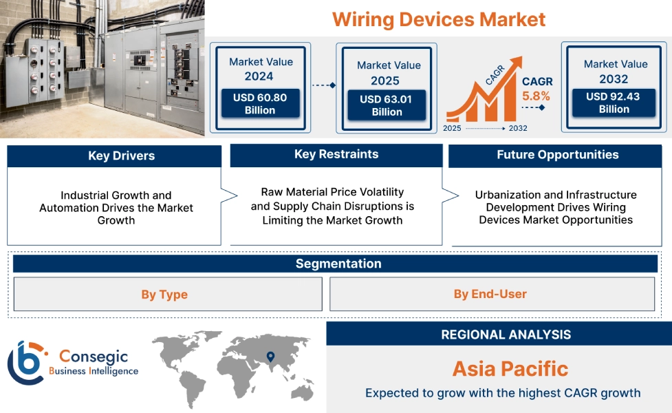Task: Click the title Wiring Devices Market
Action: [439, 19]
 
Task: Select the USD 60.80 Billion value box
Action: [259, 104]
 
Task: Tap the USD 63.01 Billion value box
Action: [387, 105]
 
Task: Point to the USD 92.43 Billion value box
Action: [614, 103]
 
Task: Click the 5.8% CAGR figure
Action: [536, 96]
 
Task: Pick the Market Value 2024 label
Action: [261, 69]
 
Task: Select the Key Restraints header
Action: [336, 154]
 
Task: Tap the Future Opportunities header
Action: [557, 155]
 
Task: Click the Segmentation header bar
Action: [338, 264]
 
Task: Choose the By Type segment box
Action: [164, 295]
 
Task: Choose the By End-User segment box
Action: [490, 294]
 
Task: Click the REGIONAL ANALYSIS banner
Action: [506, 335]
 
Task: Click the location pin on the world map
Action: [270, 356]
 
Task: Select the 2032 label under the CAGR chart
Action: [517, 128]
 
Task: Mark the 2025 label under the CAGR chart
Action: [453, 128]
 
